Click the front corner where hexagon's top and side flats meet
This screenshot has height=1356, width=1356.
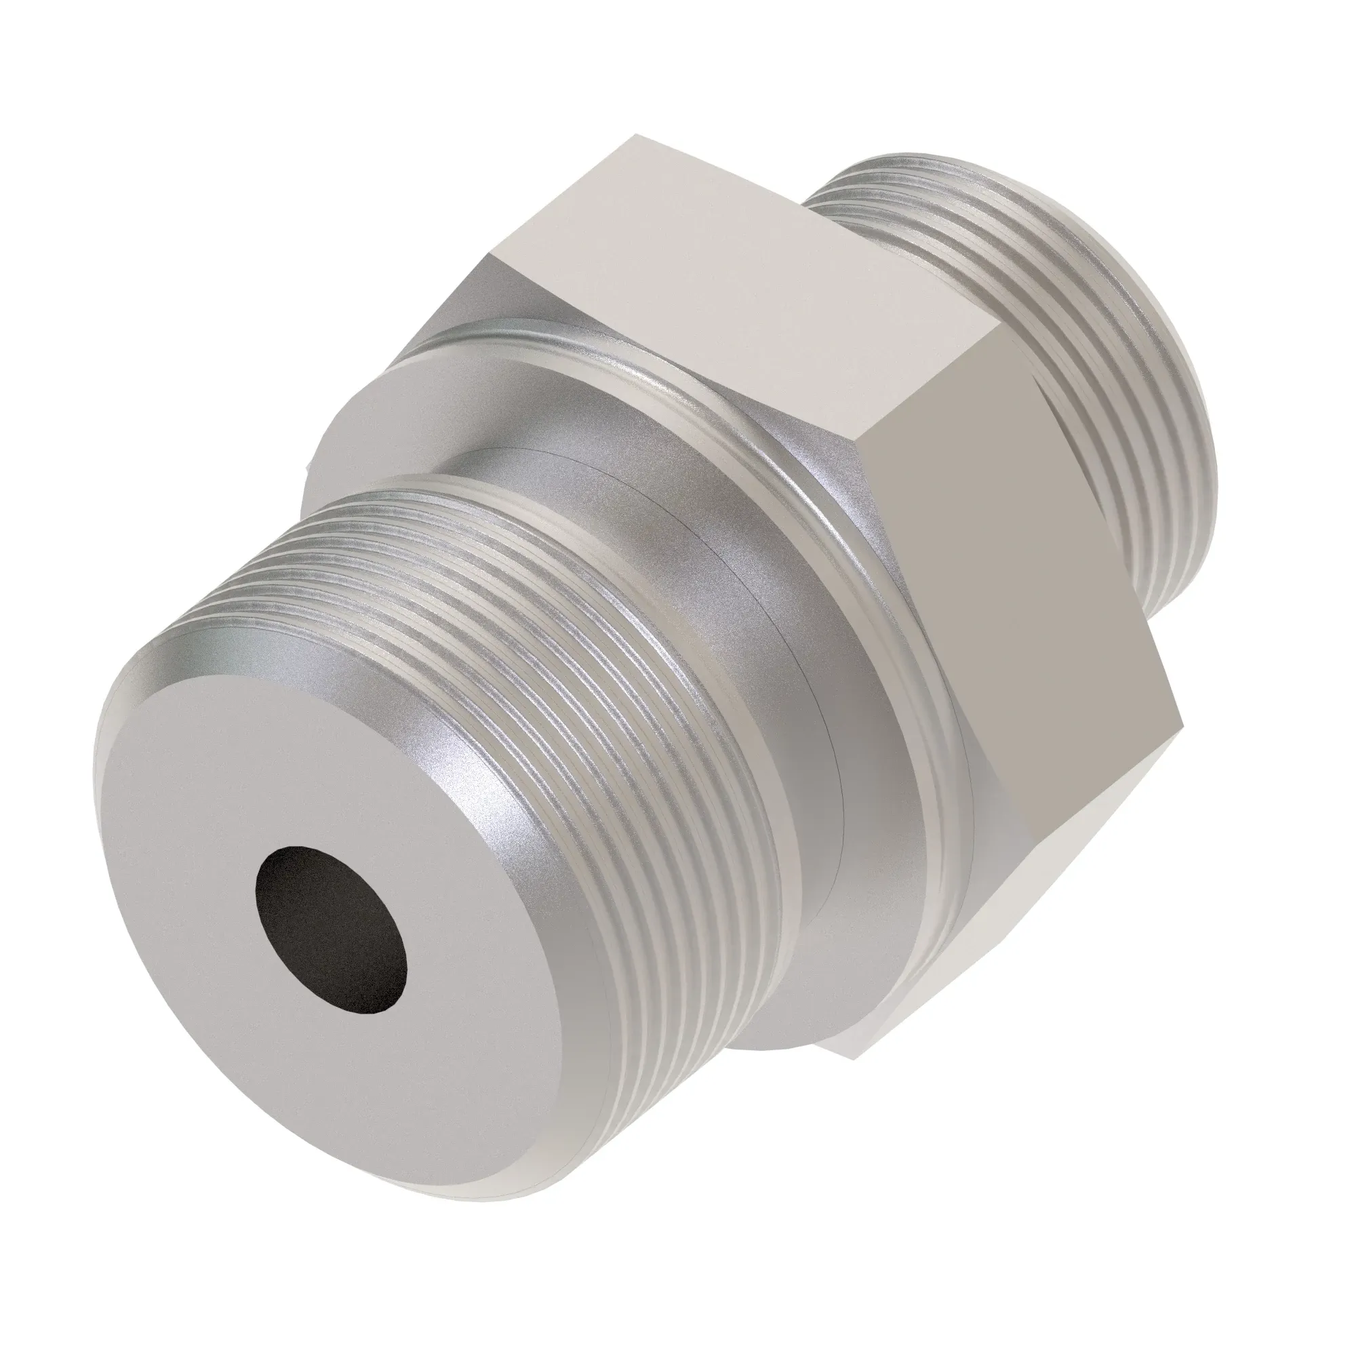862,450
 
